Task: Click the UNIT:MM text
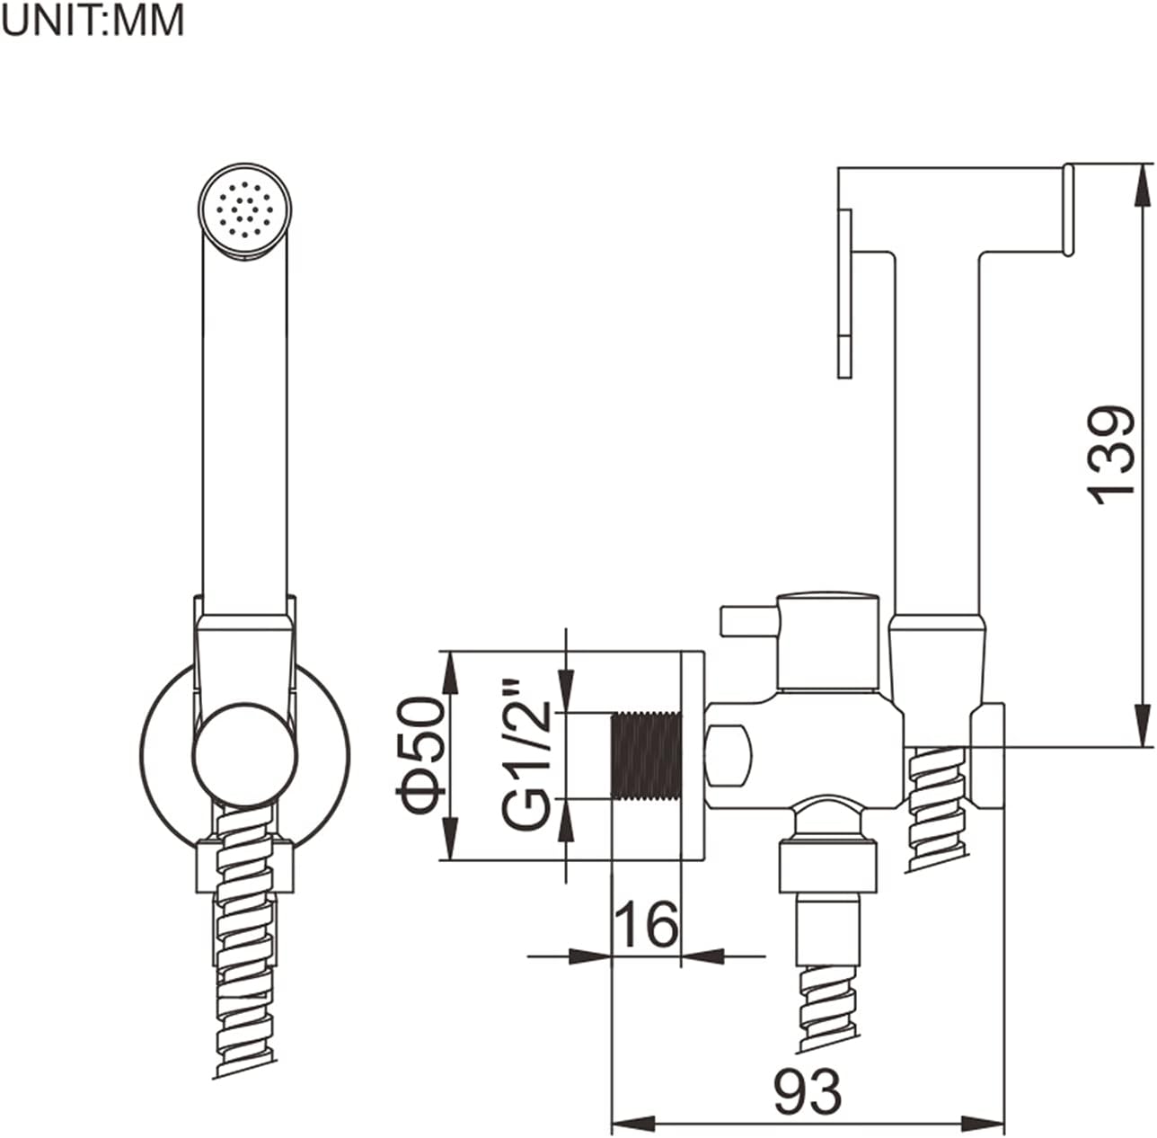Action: (x=93, y=20)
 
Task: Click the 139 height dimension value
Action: (x=1110, y=454)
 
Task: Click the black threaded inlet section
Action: (x=645, y=755)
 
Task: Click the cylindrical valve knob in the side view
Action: (x=826, y=641)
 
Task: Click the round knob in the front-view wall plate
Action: (x=243, y=754)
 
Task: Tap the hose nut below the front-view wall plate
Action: (x=244, y=866)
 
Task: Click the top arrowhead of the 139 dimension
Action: (x=1144, y=180)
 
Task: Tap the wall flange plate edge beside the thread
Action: (x=693, y=755)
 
